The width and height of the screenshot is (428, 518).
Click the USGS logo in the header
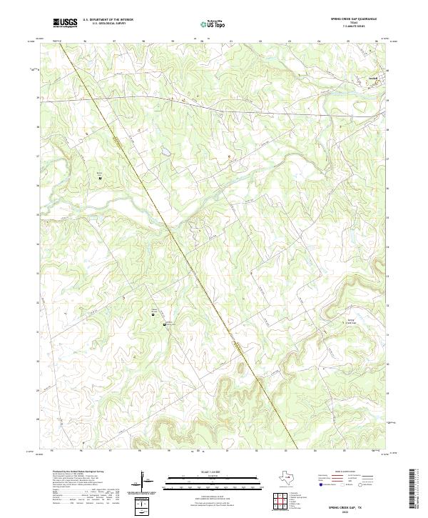click(66, 23)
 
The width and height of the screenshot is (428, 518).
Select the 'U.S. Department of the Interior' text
click(108, 20)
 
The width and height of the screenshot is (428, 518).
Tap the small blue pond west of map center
click(165, 152)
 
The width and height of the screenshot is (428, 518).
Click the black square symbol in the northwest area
click(100, 177)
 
